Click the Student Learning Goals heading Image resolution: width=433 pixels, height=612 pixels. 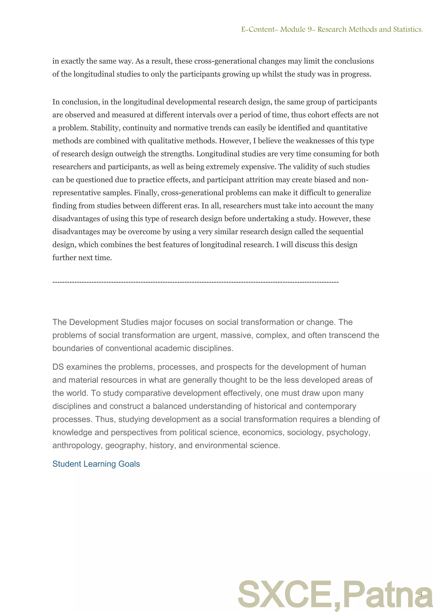click(96, 464)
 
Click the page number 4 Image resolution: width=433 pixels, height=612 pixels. click(421, 594)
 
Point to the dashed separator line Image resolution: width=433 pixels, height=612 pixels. click(195, 282)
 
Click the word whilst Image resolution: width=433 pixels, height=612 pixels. click(272, 74)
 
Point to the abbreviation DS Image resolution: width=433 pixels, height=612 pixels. click(58, 367)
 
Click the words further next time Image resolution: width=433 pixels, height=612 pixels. click(82, 258)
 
